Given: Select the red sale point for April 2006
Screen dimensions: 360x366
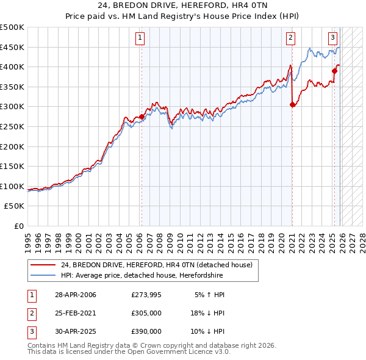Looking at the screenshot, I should [142, 117].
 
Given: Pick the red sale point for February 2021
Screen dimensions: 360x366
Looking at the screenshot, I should [292, 104].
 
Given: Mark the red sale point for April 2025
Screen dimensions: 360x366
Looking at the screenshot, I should [335, 71].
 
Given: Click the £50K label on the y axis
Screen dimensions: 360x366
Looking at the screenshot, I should [15, 206].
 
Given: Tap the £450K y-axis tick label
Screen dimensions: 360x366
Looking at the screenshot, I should [12, 47].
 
